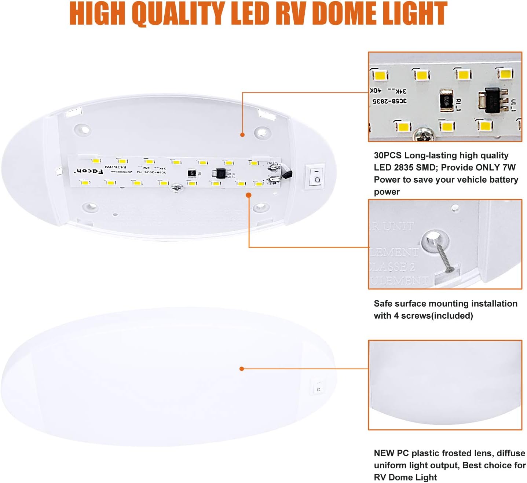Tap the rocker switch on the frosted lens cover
coord(318,386)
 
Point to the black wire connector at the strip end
coord(287,175)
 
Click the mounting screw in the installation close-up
coord(444,257)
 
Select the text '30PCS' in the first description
coord(387,155)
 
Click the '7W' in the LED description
coord(508,168)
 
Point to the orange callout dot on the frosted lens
coord(242,369)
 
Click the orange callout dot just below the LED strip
coord(249,195)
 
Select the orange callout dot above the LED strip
coord(242,135)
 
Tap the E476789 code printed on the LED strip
coord(116,167)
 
